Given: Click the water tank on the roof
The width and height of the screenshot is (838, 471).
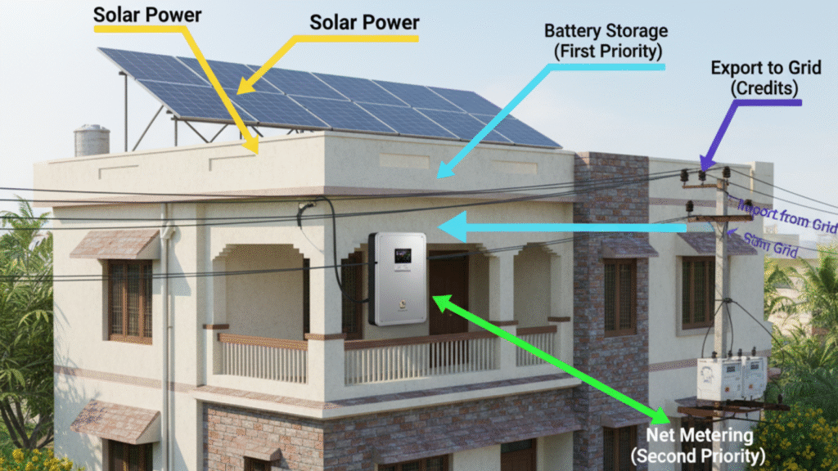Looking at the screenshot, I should point(92,141).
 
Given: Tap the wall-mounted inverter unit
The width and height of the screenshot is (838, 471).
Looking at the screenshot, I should point(398,278).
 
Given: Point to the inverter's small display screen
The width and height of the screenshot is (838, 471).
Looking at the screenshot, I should point(401,257).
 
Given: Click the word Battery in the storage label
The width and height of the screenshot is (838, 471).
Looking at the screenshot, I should point(570,32).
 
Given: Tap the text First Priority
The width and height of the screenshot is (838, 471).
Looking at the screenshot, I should point(606,51).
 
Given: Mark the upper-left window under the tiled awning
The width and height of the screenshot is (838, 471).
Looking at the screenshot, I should point(130,298).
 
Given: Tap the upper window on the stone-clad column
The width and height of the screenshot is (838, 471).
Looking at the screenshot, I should point(619,295).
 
